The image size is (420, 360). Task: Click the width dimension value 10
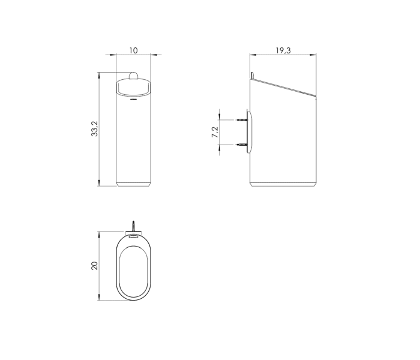133,50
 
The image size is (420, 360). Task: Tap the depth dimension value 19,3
283,50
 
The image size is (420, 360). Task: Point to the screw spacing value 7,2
215,133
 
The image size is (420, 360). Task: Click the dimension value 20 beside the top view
94,265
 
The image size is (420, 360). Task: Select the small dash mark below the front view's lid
133,100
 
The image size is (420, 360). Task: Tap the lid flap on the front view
133,88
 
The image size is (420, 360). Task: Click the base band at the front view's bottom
133,182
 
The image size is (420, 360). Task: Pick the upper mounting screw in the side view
242,120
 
